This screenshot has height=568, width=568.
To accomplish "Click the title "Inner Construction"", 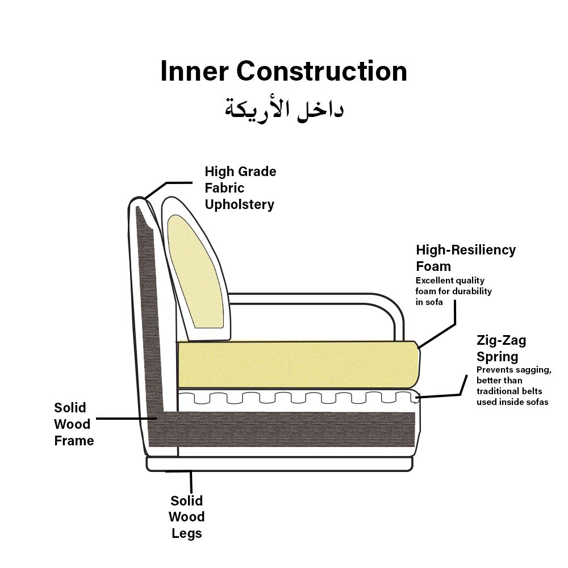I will (x=283, y=72).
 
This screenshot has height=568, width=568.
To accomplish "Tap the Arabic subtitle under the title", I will (x=283, y=108).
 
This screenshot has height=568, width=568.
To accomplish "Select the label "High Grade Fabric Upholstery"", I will (x=240, y=188).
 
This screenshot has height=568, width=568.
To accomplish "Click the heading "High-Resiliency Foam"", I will (x=466, y=258).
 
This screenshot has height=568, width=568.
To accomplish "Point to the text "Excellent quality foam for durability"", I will (x=453, y=291).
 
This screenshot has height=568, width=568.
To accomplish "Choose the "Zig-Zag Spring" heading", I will (x=501, y=349).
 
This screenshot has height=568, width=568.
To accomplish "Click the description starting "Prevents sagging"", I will (x=513, y=386).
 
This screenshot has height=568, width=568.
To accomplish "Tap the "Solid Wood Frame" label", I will (x=73, y=424).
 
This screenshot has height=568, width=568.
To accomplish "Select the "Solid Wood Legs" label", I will (x=187, y=517).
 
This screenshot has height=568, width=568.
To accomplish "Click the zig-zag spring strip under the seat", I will (x=298, y=397).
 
